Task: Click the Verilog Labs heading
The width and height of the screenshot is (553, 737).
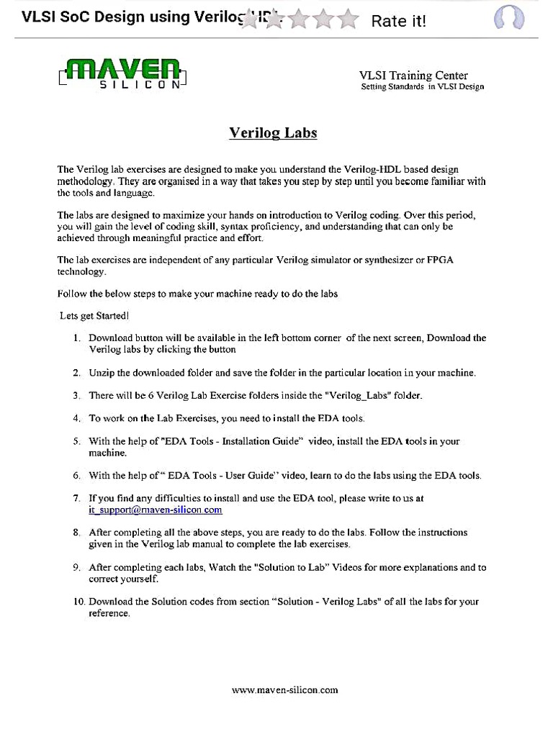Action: point(273,133)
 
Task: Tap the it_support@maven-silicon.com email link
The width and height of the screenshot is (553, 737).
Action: point(155,510)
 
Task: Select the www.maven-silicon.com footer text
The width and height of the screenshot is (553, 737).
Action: point(284,689)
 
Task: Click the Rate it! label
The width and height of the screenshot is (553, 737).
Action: point(398,21)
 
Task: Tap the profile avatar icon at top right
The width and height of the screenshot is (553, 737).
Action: point(508,18)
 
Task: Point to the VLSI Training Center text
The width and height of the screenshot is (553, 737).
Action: point(413,76)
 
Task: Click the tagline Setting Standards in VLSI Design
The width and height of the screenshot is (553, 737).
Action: point(422,87)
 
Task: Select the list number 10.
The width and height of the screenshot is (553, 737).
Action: point(78,601)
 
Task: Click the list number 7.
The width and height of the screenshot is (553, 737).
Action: point(76,498)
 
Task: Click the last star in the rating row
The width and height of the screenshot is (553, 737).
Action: point(349,20)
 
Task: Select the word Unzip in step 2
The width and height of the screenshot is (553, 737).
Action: point(102,373)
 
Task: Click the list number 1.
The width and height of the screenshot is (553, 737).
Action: point(76,338)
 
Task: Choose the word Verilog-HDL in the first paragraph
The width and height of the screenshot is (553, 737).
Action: point(361,169)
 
